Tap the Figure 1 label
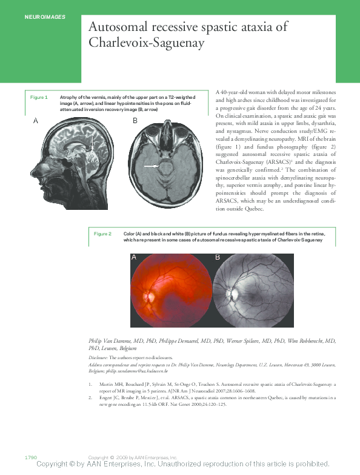click(39, 97)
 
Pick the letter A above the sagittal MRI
click(36, 121)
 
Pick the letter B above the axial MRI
click(135, 121)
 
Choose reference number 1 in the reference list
click(90, 385)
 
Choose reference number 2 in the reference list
click(90, 397)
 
